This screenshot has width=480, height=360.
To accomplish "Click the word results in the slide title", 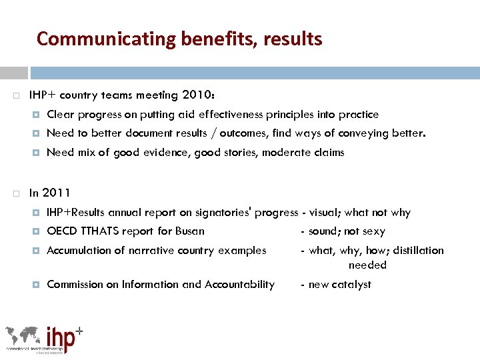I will [x=293, y=39].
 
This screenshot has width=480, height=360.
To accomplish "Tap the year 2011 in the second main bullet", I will [x=56, y=193].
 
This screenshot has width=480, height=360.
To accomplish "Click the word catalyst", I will [x=351, y=285].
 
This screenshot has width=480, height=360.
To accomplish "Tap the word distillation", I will [x=418, y=251].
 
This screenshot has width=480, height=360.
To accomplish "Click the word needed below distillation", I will [x=367, y=265].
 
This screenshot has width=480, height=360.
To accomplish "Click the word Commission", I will [x=75, y=285].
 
